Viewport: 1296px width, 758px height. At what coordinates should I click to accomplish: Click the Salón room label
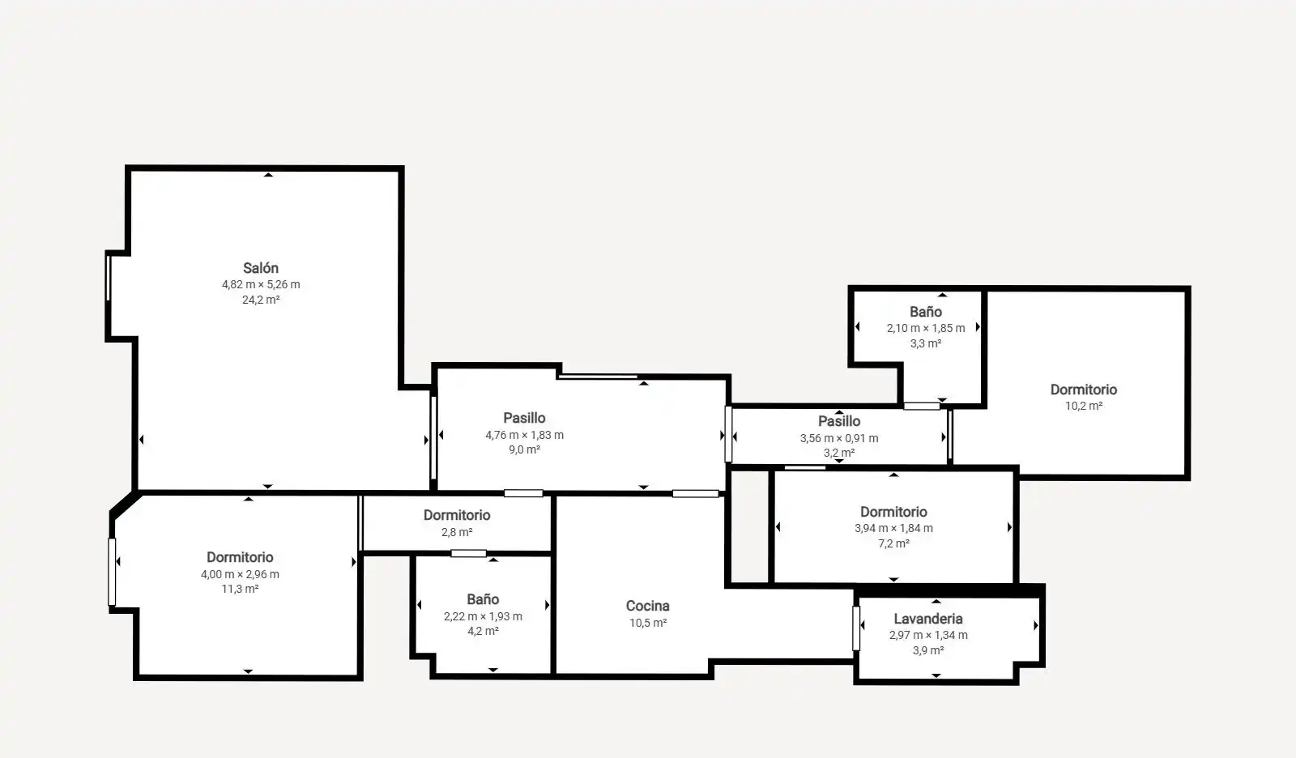click(x=260, y=268)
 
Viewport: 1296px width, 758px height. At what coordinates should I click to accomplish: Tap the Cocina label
click(x=647, y=606)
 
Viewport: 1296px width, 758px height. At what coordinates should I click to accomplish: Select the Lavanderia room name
click(x=928, y=619)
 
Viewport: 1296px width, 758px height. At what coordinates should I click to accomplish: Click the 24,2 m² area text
click(x=260, y=300)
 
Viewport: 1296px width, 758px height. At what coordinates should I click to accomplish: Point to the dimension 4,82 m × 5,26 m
click(x=260, y=284)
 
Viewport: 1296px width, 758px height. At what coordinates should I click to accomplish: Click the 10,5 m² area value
click(x=647, y=623)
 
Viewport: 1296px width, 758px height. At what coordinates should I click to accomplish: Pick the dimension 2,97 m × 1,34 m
click(x=928, y=635)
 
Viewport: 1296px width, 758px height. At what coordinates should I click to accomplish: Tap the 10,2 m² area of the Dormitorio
click(x=1084, y=406)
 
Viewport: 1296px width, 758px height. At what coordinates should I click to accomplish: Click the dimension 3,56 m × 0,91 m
click(x=839, y=438)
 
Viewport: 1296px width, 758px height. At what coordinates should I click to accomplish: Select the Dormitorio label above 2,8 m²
click(x=457, y=515)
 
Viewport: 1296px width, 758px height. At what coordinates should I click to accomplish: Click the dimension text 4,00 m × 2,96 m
click(x=240, y=574)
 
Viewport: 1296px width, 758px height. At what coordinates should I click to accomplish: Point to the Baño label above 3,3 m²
click(x=925, y=312)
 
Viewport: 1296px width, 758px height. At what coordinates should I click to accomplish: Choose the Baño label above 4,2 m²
click(x=483, y=599)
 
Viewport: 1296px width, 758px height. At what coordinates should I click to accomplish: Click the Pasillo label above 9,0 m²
click(x=524, y=418)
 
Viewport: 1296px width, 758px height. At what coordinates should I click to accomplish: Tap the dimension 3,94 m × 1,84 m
click(x=893, y=528)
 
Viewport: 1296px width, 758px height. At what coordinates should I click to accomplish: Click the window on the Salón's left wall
click(x=109, y=278)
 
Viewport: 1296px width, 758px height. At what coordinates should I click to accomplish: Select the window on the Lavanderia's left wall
click(x=855, y=628)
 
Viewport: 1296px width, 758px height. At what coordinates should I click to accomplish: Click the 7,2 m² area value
click(x=893, y=543)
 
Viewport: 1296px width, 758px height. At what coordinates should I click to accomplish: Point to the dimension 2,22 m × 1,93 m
click(x=483, y=616)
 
